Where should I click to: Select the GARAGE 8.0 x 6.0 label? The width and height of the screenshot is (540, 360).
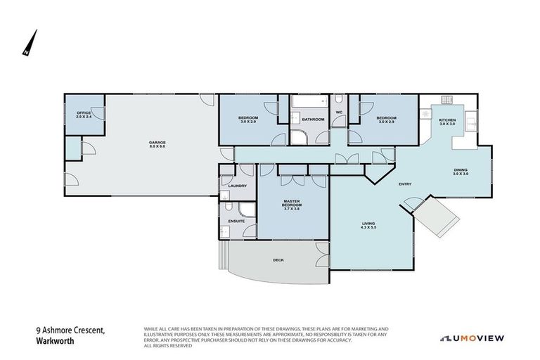point(157,144)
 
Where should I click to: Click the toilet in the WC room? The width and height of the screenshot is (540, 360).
point(337,100)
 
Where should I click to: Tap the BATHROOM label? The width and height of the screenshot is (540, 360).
point(313,120)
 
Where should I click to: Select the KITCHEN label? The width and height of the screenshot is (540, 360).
point(447,121)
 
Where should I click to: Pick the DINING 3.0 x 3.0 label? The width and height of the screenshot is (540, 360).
point(461,172)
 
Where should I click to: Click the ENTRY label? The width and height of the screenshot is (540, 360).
point(404,184)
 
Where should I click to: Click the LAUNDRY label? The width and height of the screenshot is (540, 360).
point(236,186)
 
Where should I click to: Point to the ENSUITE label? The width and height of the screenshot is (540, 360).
point(236,221)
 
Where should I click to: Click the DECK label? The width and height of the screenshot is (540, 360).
point(278,259)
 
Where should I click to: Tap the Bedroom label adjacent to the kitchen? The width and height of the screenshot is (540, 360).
point(386,119)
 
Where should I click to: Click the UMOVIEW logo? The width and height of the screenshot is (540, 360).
point(472,338)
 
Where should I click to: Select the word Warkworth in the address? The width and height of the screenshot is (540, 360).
point(55,342)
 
